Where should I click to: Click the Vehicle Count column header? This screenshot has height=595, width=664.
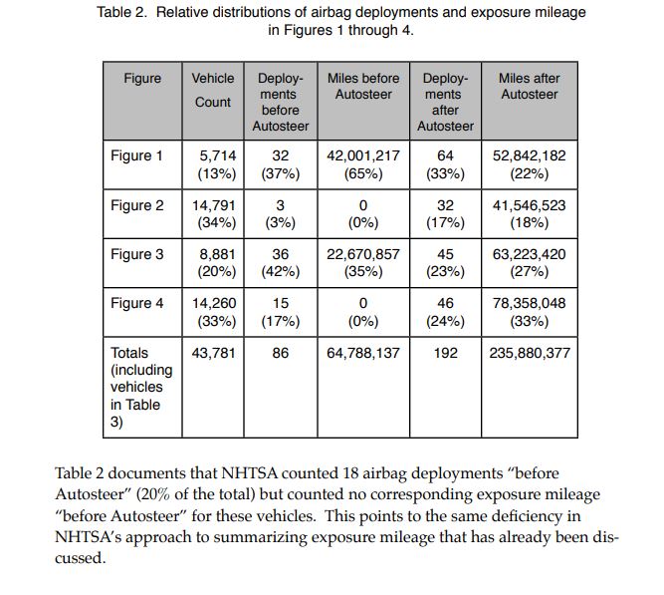click(x=213, y=90)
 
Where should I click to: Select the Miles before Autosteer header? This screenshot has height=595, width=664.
click(x=363, y=86)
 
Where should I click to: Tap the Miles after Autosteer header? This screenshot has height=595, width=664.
click(x=530, y=86)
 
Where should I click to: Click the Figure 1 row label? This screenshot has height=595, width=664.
click(x=137, y=156)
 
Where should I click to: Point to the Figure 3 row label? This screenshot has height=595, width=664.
click(x=137, y=254)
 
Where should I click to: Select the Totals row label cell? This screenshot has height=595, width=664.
click(x=138, y=387)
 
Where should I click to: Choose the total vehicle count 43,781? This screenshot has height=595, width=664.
click(x=213, y=353)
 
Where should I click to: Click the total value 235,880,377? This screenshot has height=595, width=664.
click(x=530, y=353)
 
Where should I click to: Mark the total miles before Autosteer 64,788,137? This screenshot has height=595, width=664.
click(x=363, y=353)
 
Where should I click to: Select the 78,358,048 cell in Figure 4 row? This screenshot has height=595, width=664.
click(x=530, y=303)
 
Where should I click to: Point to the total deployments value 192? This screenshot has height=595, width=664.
click(x=445, y=353)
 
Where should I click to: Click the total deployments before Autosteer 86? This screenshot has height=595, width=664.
click(x=281, y=353)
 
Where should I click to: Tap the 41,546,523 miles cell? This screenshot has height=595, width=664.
click(x=530, y=205)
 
